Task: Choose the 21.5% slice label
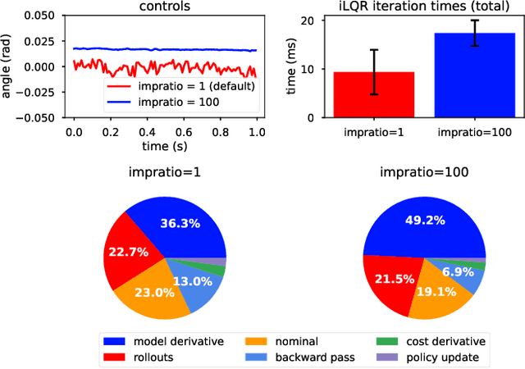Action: [x=389, y=278]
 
